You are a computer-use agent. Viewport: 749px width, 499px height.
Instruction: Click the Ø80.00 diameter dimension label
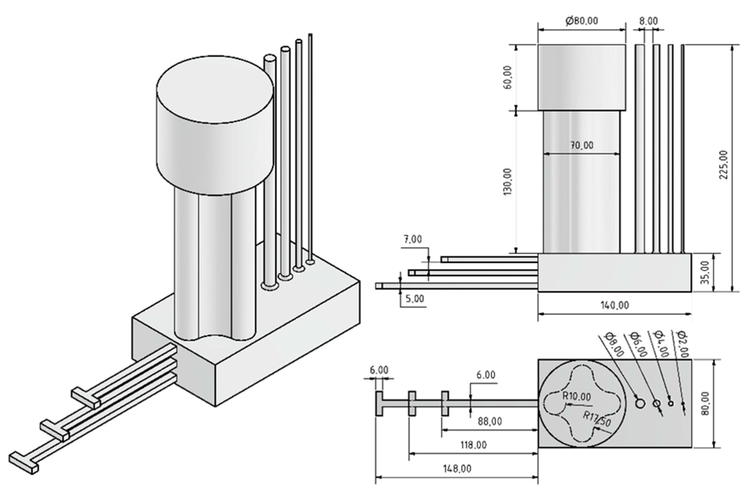tap(581, 21)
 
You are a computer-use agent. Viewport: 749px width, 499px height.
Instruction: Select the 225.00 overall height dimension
tap(723, 165)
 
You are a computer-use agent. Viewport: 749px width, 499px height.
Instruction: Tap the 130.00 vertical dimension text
tap(508, 182)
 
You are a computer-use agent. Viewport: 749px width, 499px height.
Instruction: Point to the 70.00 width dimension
tap(581, 145)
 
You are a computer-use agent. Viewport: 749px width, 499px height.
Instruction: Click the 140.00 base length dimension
tap(614, 305)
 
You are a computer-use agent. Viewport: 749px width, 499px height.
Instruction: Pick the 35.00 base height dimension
tap(705, 272)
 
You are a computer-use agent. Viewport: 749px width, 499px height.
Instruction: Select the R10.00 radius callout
tap(577, 396)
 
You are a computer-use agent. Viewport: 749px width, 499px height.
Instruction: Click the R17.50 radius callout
tap(597, 420)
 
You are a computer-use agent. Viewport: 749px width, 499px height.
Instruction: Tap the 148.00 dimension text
tap(457, 468)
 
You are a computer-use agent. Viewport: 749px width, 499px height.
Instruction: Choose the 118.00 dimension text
tap(473, 445)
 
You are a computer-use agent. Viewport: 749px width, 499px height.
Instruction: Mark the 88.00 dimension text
tap(490, 421)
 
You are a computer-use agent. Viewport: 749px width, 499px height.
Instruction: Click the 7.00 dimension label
tap(413, 239)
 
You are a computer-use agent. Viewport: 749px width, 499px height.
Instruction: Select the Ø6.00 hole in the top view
tap(656, 404)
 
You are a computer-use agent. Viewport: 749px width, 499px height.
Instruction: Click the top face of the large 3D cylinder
tap(215, 89)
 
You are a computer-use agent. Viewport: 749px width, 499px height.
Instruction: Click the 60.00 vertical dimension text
tap(508, 77)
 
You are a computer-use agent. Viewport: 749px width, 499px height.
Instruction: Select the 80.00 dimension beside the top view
tap(705, 403)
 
